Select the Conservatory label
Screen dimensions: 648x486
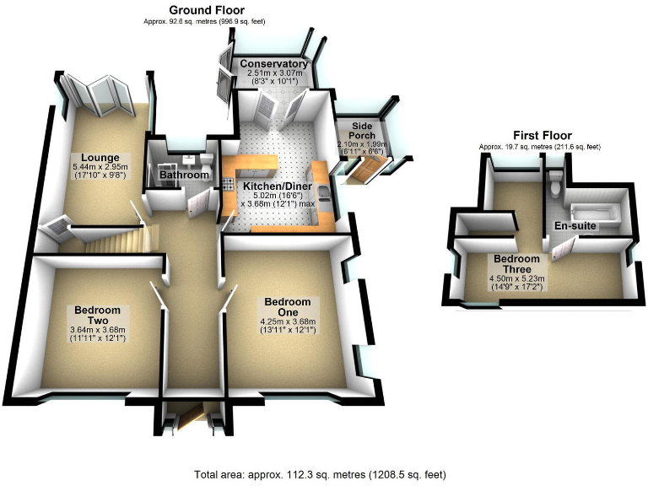273,64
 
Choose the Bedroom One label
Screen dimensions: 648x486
287,307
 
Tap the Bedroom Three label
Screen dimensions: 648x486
517,264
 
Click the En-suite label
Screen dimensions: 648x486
573,226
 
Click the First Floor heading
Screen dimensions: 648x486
543,135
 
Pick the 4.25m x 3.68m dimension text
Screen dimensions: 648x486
287,321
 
